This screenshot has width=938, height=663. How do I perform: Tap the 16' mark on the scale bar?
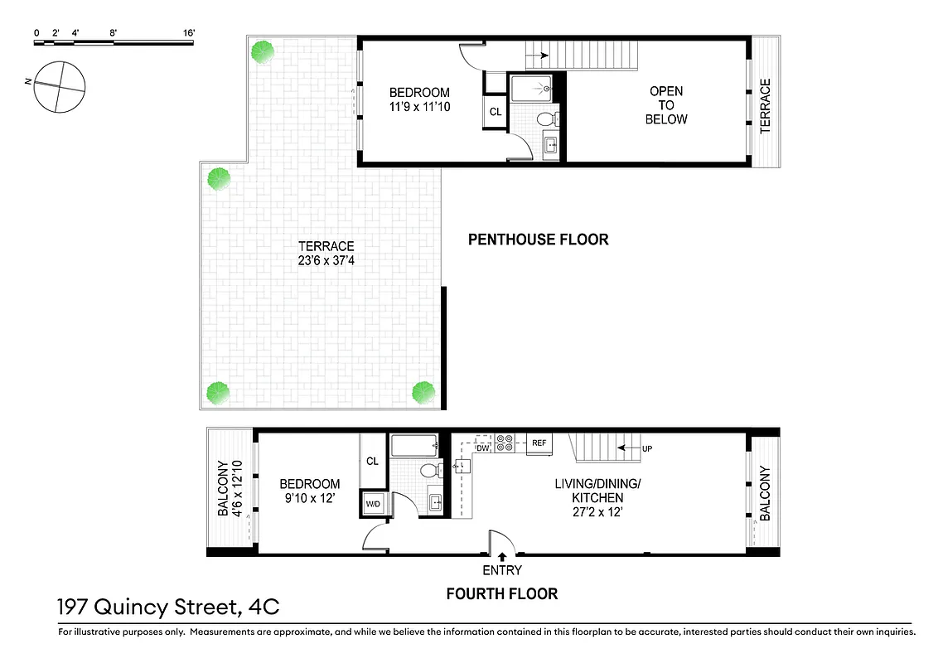pos(189,33)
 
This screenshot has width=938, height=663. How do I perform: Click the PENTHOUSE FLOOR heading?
pos(538,240)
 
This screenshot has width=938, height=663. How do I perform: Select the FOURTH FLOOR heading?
pos(501,593)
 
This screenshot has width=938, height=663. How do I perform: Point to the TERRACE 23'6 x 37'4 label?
pos(326,254)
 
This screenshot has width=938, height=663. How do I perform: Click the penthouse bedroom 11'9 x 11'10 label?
pos(420,99)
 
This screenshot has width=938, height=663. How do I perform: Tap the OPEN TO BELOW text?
pos(666,105)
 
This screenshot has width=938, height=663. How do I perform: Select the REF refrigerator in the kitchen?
pos(539,444)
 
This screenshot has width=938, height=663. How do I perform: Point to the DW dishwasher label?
pos(483,448)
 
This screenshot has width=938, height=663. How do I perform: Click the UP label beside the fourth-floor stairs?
pos(647,448)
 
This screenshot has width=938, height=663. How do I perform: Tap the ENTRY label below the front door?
pos(502,570)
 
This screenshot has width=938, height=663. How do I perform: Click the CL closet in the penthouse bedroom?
pos(496,112)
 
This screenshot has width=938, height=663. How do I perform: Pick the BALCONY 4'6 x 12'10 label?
pos(229,489)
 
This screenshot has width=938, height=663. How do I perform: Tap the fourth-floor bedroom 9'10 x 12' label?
pos(309,491)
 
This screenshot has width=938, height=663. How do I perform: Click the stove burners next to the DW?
pos(505,443)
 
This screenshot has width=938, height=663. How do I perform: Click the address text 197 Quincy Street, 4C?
pos(168,607)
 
